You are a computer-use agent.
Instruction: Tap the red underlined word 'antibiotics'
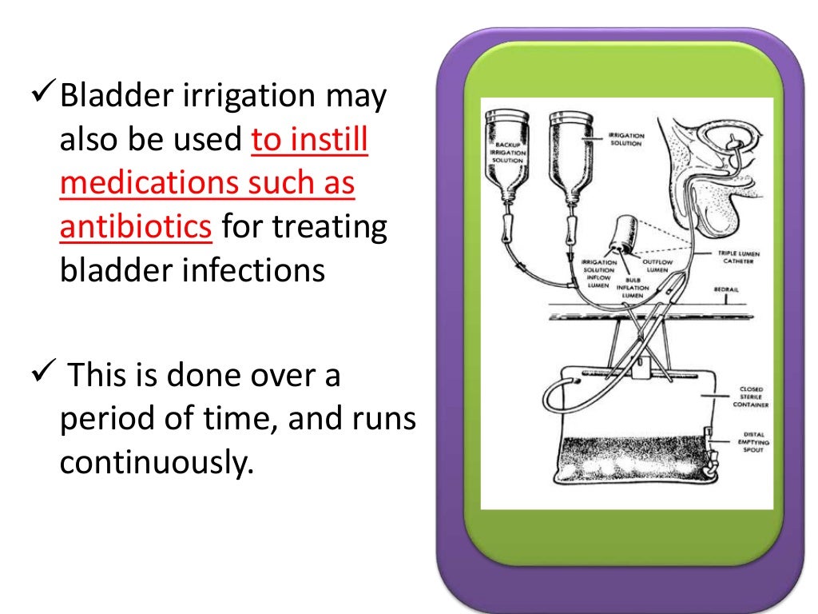tap(135, 228)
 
